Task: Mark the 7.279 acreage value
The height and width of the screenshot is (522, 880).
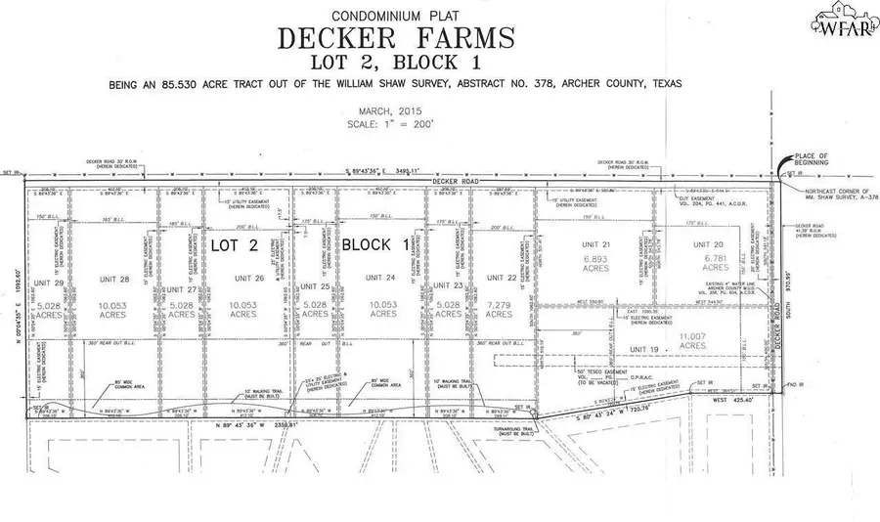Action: click(x=498, y=314)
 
